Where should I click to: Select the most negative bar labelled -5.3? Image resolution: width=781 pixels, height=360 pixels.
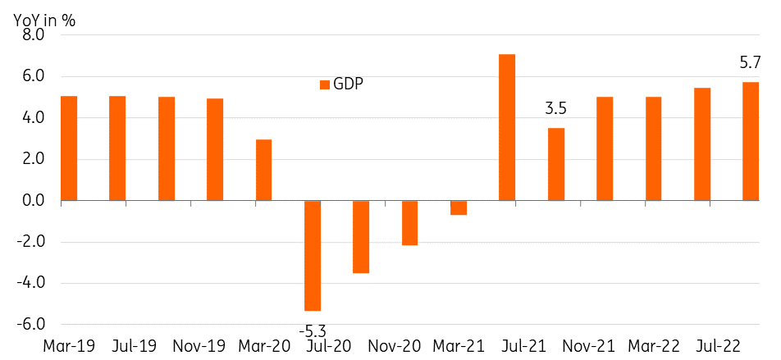pyautogui.click(x=313, y=255)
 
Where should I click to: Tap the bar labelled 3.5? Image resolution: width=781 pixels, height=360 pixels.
pyautogui.click(x=556, y=164)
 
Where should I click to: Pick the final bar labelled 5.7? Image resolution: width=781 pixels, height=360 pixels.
pyautogui.click(x=751, y=141)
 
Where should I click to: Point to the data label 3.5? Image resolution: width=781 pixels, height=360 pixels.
pyautogui.click(x=556, y=107)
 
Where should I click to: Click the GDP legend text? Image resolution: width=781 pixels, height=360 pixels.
pyautogui.click(x=348, y=84)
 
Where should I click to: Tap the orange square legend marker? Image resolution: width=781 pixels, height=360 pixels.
pyautogui.click(x=325, y=84)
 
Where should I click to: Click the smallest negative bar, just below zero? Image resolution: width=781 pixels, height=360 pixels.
pyautogui.click(x=459, y=207)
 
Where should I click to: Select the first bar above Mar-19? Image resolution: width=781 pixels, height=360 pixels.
pyautogui.click(x=69, y=148)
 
